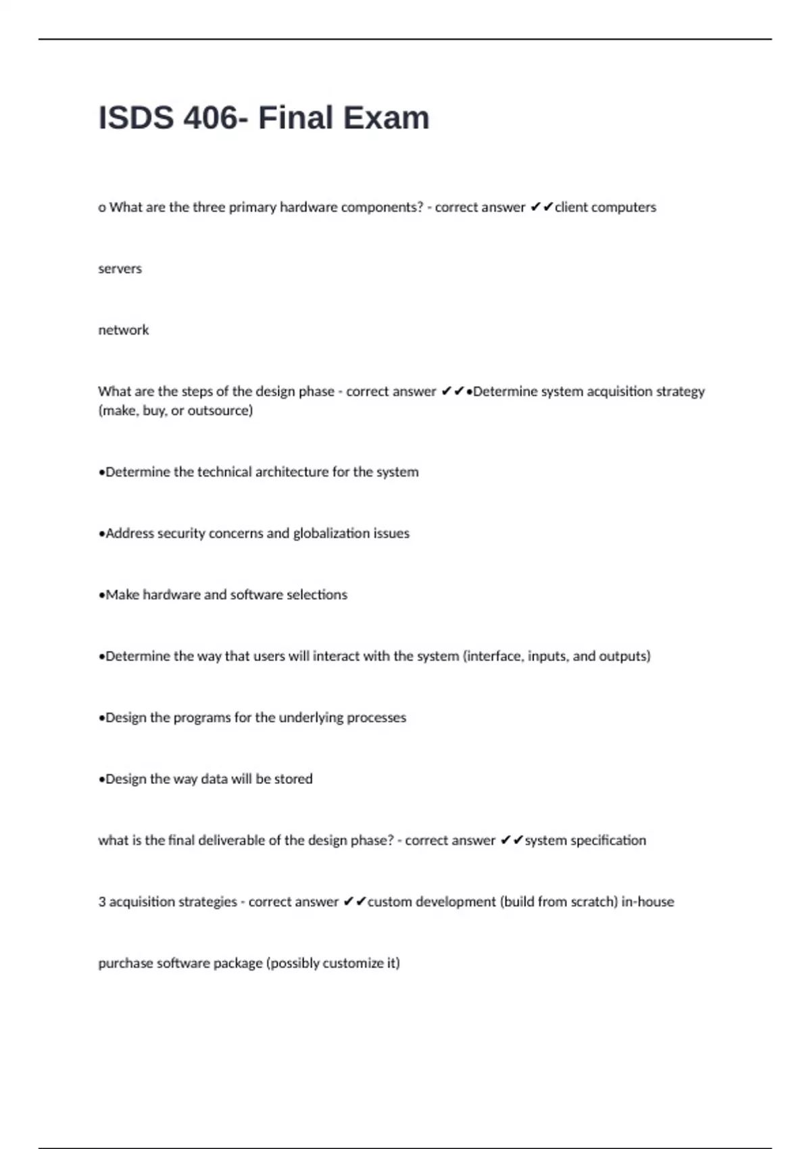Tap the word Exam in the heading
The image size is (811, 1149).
386,118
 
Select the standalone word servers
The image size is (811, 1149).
120,268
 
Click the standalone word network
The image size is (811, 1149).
123,330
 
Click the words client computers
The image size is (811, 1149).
605,207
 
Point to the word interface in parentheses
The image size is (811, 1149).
493,656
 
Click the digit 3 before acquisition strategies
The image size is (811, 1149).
102,902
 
